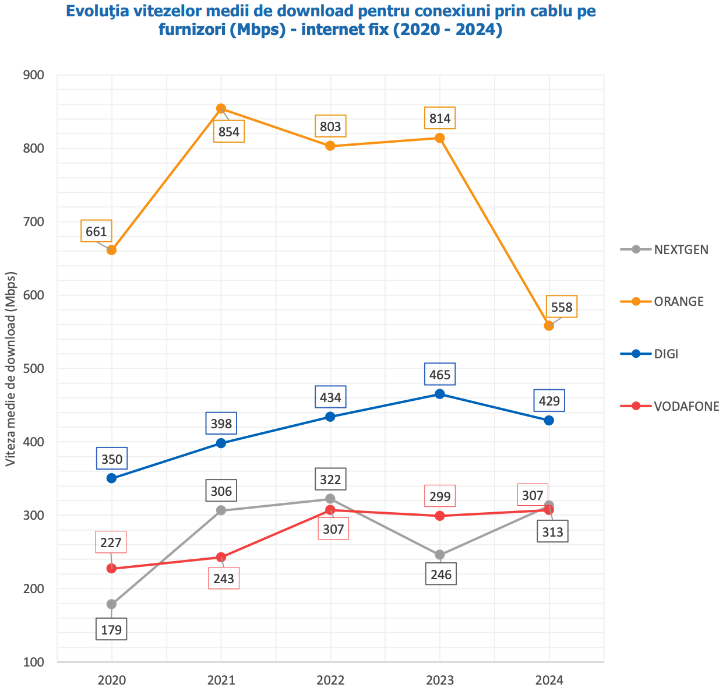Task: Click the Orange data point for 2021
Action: (x=221, y=108)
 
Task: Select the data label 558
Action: (x=562, y=306)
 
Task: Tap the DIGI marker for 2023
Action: (x=440, y=394)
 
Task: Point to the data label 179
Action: (x=111, y=630)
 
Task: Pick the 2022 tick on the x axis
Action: (x=330, y=680)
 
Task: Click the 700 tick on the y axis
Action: (x=34, y=222)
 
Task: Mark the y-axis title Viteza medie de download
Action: (x=10, y=368)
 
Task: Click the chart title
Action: (x=330, y=20)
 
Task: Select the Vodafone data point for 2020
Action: (x=111, y=569)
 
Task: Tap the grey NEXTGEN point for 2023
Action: (x=440, y=555)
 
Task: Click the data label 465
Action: (x=440, y=375)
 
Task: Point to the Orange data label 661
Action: (x=96, y=231)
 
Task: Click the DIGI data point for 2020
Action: (x=111, y=478)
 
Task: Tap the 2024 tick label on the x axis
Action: (x=549, y=680)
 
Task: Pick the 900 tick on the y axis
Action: (x=34, y=75)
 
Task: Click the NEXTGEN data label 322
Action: (x=330, y=480)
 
